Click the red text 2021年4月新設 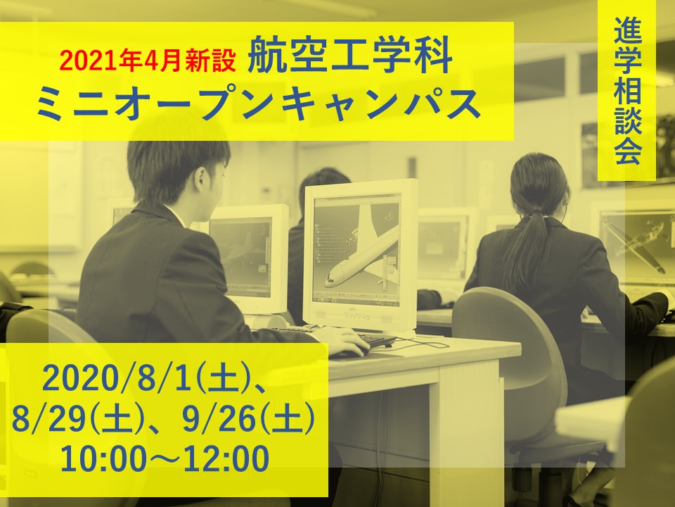tap(148, 62)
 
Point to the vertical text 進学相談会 tap(627, 92)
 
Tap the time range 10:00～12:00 tap(165, 458)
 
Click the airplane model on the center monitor tap(361, 254)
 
